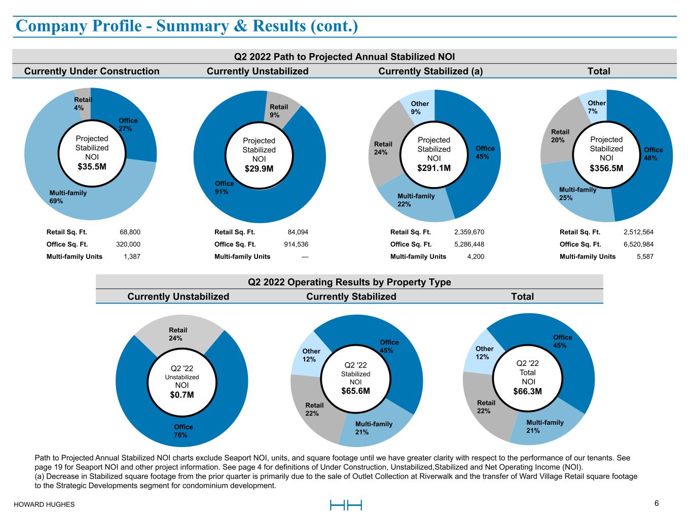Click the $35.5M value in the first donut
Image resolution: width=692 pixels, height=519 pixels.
[x=92, y=167]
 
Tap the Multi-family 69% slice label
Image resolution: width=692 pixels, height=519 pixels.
[x=68, y=197]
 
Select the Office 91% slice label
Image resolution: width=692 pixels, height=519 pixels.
[x=224, y=188]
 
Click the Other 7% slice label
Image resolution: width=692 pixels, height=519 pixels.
[x=597, y=107]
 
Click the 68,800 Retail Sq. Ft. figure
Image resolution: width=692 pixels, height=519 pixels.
[x=130, y=232]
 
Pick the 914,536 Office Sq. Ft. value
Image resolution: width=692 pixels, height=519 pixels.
[x=296, y=244]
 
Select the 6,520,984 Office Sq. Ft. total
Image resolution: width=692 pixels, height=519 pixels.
[x=638, y=244]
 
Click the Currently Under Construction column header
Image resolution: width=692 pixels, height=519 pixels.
[x=92, y=71]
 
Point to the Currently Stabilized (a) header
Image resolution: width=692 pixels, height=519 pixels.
[x=430, y=71]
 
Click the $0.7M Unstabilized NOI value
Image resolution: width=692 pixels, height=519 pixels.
[x=182, y=395]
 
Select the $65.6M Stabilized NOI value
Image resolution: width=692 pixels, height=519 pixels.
[x=355, y=391]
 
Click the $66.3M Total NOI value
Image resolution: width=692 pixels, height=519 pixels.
[x=528, y=391]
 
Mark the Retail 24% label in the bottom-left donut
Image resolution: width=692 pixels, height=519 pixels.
[x=175, y=334]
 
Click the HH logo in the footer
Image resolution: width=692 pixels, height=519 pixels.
[x=346, y=505]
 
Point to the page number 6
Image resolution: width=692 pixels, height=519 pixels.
[x=657, y=503]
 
